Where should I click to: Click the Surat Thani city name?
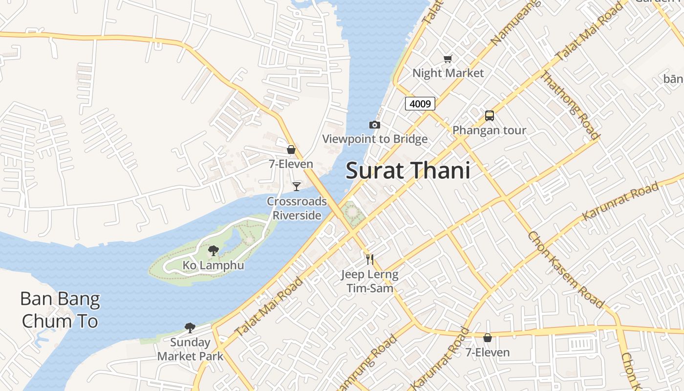tap(408, 171)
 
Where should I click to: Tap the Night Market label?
tap(448, 73)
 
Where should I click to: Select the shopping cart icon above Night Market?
tap(448, 59)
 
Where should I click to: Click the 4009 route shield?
tap(420, 104)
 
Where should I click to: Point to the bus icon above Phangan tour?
tap(490, 116)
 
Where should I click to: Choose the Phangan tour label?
tap(489, 130)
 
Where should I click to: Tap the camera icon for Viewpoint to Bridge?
tap(375, 125)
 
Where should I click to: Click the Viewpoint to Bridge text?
tap(375, 139)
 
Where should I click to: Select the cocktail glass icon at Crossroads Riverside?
tap(297, 186)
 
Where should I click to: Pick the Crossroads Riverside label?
tap(297, 208)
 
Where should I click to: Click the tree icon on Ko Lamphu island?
tap(213, 251)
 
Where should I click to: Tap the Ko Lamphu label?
tap(213, 265)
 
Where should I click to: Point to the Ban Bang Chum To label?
tap(60, 310)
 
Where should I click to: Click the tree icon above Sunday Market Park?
tap(190, 328)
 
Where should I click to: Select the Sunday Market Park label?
tap(190, 349)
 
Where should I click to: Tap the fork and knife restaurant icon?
tap(370, 260)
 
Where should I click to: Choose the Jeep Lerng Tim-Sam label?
tap(370, 281)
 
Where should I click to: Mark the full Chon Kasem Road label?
tap(566, 269)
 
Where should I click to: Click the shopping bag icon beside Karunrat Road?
tap(487, 338)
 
